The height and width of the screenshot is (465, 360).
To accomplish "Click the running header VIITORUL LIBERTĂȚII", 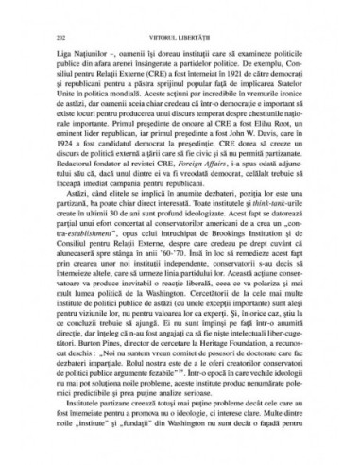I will click(x=180, y=34).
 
